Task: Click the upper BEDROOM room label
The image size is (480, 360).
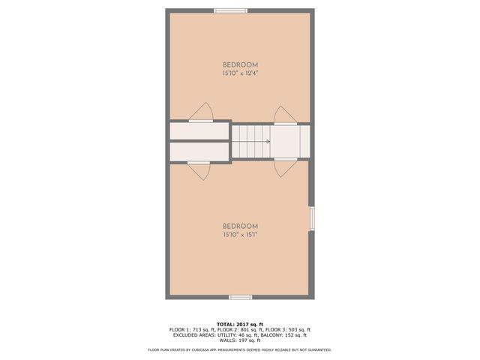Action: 240,64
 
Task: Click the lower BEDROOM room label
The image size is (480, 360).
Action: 240,226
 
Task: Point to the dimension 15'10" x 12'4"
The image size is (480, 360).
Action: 240,73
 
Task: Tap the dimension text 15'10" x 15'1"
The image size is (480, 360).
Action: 240,235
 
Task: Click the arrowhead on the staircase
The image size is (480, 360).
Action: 268,141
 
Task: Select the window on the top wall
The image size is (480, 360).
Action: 230,10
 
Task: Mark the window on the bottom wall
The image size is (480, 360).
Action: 240,297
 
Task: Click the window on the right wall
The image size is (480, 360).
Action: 312,217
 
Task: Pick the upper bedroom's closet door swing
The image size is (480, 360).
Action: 202,112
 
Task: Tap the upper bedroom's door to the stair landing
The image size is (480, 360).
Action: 285,114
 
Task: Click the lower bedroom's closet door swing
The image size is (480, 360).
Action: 199,170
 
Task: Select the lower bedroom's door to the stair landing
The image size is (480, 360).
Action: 286,168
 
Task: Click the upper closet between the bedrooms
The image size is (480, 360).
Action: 199,131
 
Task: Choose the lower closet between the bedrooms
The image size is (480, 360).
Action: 199,151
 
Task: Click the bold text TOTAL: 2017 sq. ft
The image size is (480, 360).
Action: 240,324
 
